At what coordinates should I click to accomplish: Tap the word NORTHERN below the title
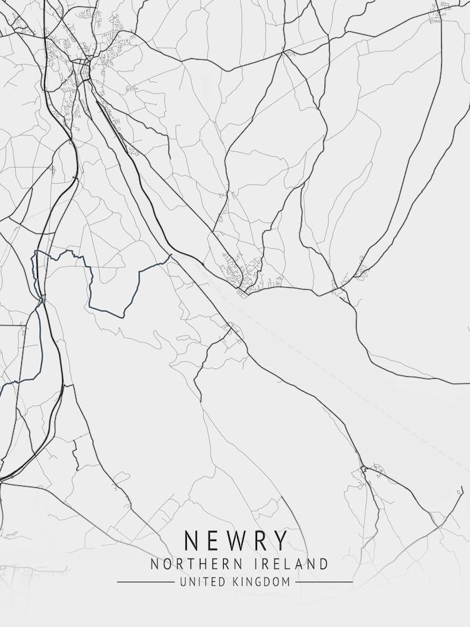pyautogui.click(x=191, y=564)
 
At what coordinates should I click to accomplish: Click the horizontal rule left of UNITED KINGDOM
pyautogui.click(x=145, y=582)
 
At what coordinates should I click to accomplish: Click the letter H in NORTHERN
pyautogui.click(x=199, y=564)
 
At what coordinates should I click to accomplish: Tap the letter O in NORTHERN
pyautogui.click(x=166, y=564)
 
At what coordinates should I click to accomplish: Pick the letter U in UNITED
pyautogui.click(x=182, y=582)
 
